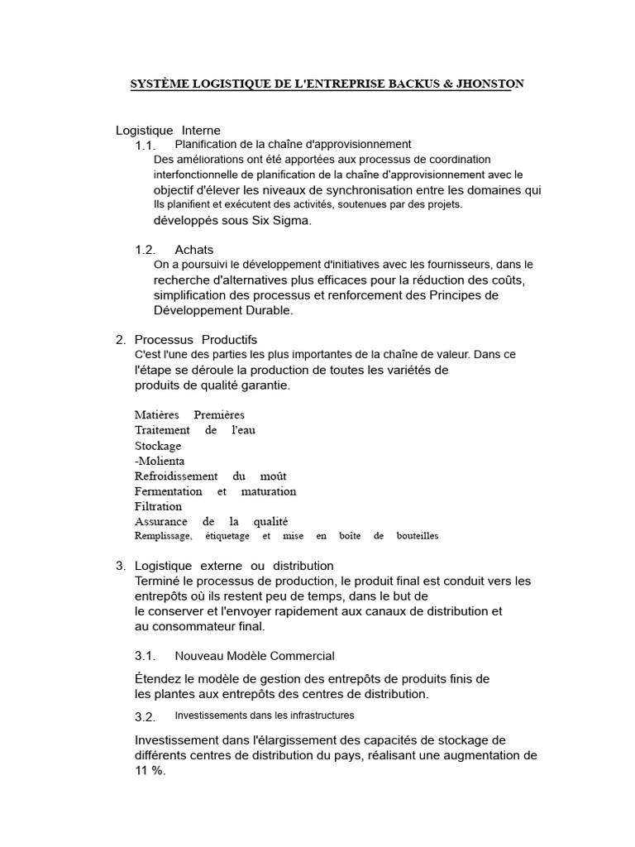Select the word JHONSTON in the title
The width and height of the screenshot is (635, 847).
point(488,84)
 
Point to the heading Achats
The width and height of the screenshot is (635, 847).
point(193,250)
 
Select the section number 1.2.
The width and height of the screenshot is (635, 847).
point(146,250)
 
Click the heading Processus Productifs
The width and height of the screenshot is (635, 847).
point(196,339)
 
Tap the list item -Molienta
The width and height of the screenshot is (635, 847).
point(160,461)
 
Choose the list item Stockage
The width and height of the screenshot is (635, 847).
point(158,446)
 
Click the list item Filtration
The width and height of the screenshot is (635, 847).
point(159,506)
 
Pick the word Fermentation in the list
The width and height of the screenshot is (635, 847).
point(169,491)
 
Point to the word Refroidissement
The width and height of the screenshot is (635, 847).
point(176,476)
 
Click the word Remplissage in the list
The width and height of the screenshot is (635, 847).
point(164,536)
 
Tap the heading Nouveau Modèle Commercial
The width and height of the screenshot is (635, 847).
point(255,656)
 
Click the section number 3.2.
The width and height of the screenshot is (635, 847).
point(146,716)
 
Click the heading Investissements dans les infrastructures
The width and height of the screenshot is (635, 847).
point(265,715)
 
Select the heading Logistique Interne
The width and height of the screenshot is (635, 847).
point(168,130)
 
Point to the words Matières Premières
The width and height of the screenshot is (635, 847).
point(189,414)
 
